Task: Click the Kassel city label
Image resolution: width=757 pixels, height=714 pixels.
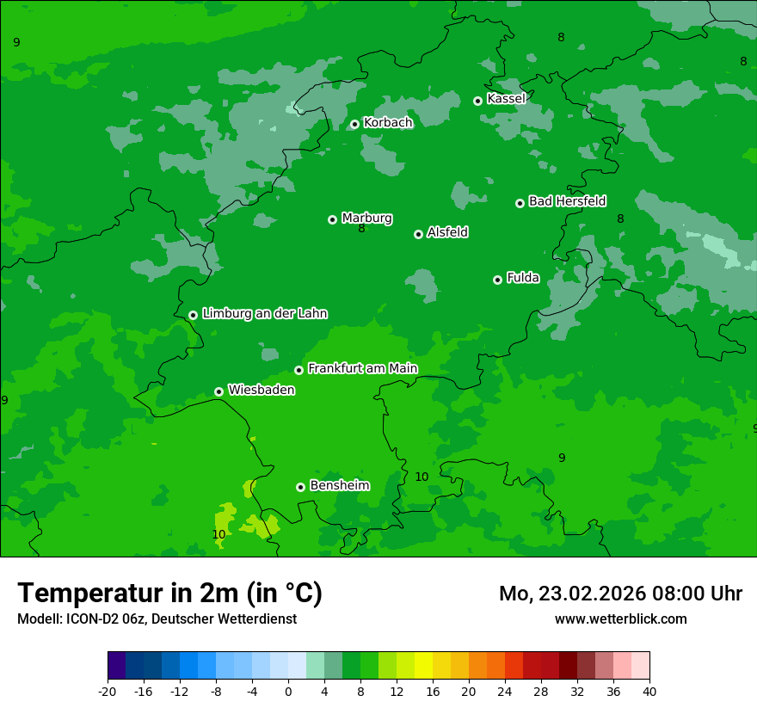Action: click(506, 99)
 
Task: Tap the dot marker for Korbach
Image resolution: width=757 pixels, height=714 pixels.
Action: click(354, 125)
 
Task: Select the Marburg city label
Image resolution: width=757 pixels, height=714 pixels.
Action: click(366, 219)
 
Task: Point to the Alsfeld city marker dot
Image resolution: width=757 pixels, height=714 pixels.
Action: click(418, 234)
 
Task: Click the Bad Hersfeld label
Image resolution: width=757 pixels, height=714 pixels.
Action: click(567, 201)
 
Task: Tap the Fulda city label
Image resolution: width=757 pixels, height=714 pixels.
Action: click(523, 278)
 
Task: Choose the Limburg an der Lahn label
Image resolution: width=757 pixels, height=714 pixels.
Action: click(264, 314)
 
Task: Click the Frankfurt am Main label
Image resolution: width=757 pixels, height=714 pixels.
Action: click(362, 369)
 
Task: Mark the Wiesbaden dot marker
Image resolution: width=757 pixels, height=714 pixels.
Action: click(219, 392)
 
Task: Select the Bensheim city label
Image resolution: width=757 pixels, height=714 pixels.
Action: click(339, 486)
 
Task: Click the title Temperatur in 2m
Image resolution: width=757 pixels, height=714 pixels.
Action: click(169, 594)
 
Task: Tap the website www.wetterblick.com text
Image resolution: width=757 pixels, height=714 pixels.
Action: click(620, 619)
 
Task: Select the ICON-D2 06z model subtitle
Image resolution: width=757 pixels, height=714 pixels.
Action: click(157, 619)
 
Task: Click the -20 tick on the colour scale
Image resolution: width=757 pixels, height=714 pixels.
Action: click(108, 692)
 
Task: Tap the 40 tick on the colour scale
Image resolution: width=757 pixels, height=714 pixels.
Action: click(649, 692)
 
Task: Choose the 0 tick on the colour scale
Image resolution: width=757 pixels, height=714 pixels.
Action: click(288, 692)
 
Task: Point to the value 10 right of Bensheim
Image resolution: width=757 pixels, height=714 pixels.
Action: click(422, 477)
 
